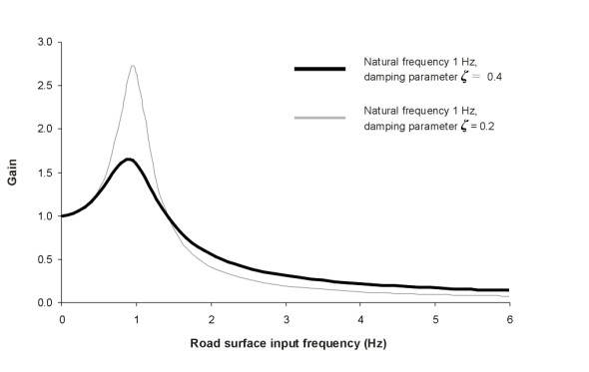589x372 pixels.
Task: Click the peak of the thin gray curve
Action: [x=133, y=66]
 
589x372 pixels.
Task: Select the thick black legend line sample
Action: [x=319, y=69]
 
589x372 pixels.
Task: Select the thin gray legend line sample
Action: [x=319, y=118]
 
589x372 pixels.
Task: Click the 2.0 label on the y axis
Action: [x=45, y=129]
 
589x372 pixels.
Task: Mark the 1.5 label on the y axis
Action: [x=45, y=173]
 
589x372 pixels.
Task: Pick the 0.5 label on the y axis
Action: [x=45, y=259]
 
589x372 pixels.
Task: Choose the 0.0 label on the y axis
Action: [x=45, y=302]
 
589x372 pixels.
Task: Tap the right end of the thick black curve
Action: [x=509, y=290]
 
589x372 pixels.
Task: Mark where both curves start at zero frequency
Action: [x=63, y=215]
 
